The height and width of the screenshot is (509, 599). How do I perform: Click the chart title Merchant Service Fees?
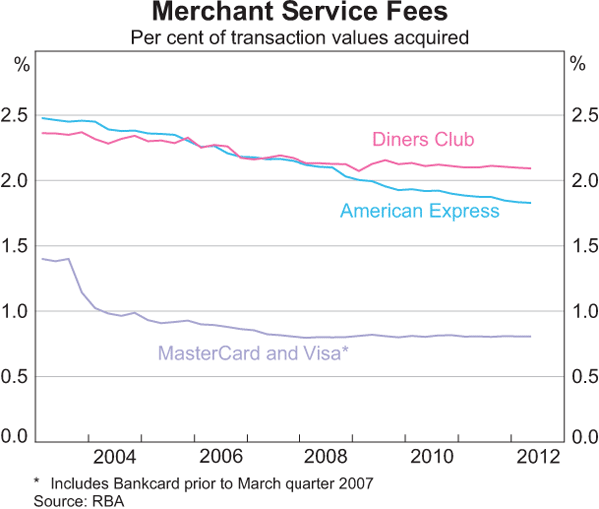[299, 14]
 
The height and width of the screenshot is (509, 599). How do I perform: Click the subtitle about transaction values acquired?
[299, 38]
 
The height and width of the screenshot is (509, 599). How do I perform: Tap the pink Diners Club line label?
[422, 139]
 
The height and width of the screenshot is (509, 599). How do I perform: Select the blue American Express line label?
[419, 211]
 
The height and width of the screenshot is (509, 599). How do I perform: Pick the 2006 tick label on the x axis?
[219, 458]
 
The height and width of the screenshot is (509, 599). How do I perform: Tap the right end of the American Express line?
[530, 203]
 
